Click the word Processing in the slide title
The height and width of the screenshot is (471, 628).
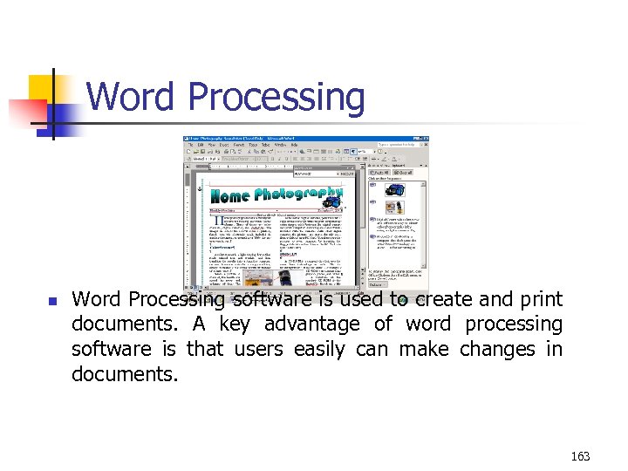coord(276,97)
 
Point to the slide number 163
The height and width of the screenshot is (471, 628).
coord(580,455)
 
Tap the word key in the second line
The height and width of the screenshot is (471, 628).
coord(233,324)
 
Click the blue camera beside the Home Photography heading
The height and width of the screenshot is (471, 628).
coord(342,201)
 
